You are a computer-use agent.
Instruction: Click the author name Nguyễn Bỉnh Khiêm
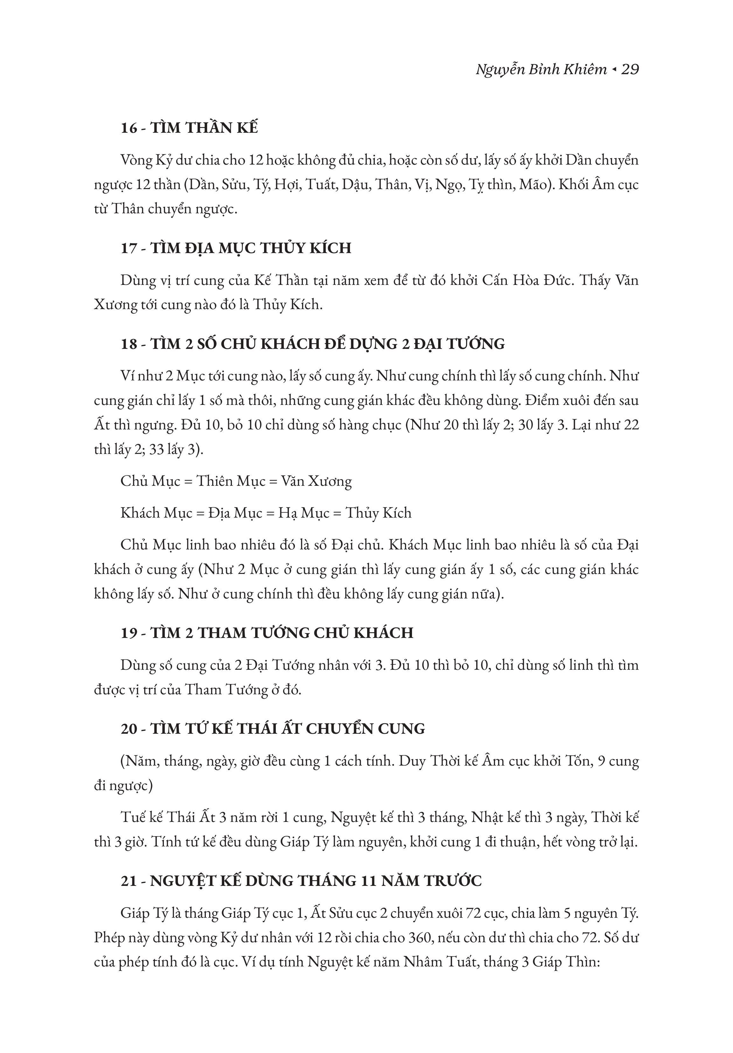pos(541,70)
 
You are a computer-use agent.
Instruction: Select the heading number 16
pos(129,128)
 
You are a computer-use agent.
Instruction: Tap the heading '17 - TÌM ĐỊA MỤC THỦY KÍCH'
pos(236,248)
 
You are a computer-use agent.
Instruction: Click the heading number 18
pos(129,344)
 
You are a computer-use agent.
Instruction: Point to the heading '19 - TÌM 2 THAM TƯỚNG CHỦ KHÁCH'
pos(267,633)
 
